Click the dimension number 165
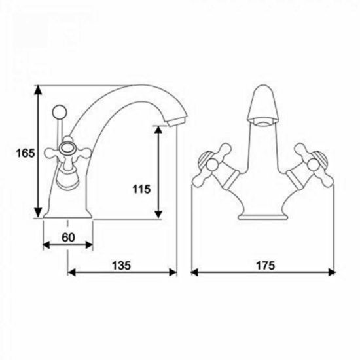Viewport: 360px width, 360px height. (x=26, y=153)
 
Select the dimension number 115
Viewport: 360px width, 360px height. (x=141, y=189)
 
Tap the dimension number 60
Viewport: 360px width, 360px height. (x=69, y=238)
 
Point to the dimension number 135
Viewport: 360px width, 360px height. (x=121, y=266)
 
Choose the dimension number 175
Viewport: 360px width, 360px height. (x=265, y=266)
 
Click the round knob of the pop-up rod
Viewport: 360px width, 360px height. (x=60, y=112)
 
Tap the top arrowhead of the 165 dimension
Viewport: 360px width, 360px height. (x=39, y=90)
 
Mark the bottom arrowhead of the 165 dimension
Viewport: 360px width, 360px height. (x=39, y=213)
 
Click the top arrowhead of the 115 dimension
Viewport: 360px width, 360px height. (x=158, y=130)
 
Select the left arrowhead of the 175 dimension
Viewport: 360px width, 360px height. (x=194, y=272)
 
